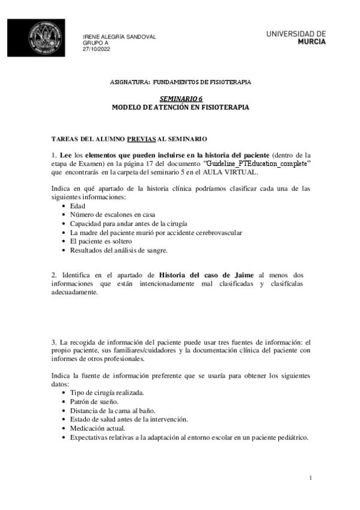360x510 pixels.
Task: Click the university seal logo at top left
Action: [43, 39]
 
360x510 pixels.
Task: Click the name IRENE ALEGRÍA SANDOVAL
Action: [119, 37]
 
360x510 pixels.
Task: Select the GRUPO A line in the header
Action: [96, 43]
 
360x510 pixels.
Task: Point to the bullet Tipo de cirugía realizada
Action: [107, 392]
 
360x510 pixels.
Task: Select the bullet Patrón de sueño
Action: [94, 401]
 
